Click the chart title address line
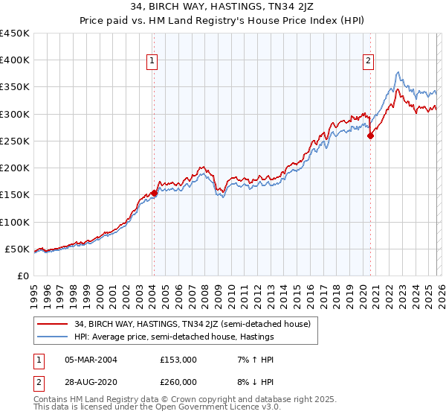click(x=223, y=7)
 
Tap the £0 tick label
click(x=22, y=276)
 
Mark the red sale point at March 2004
click(x=154, y=193)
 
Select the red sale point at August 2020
click(x=370, y=136)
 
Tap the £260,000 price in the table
click(x=178, y=381)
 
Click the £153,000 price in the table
click(x=178, y=360)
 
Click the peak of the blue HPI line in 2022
click(x=398, y=72)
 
